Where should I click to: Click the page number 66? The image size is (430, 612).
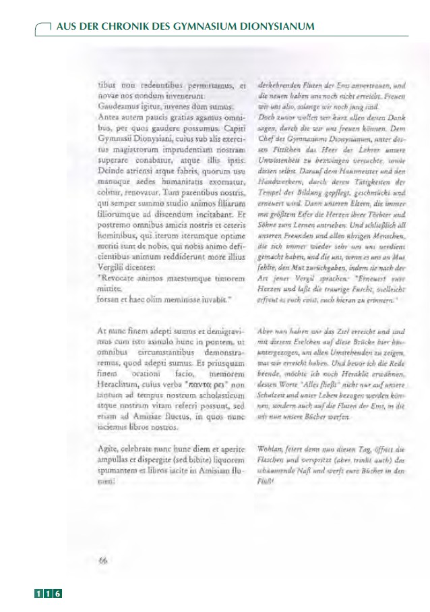104,559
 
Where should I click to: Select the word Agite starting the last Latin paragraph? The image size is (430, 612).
109,449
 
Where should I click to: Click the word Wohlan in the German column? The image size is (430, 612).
272,449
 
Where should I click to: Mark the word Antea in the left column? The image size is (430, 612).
109,116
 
